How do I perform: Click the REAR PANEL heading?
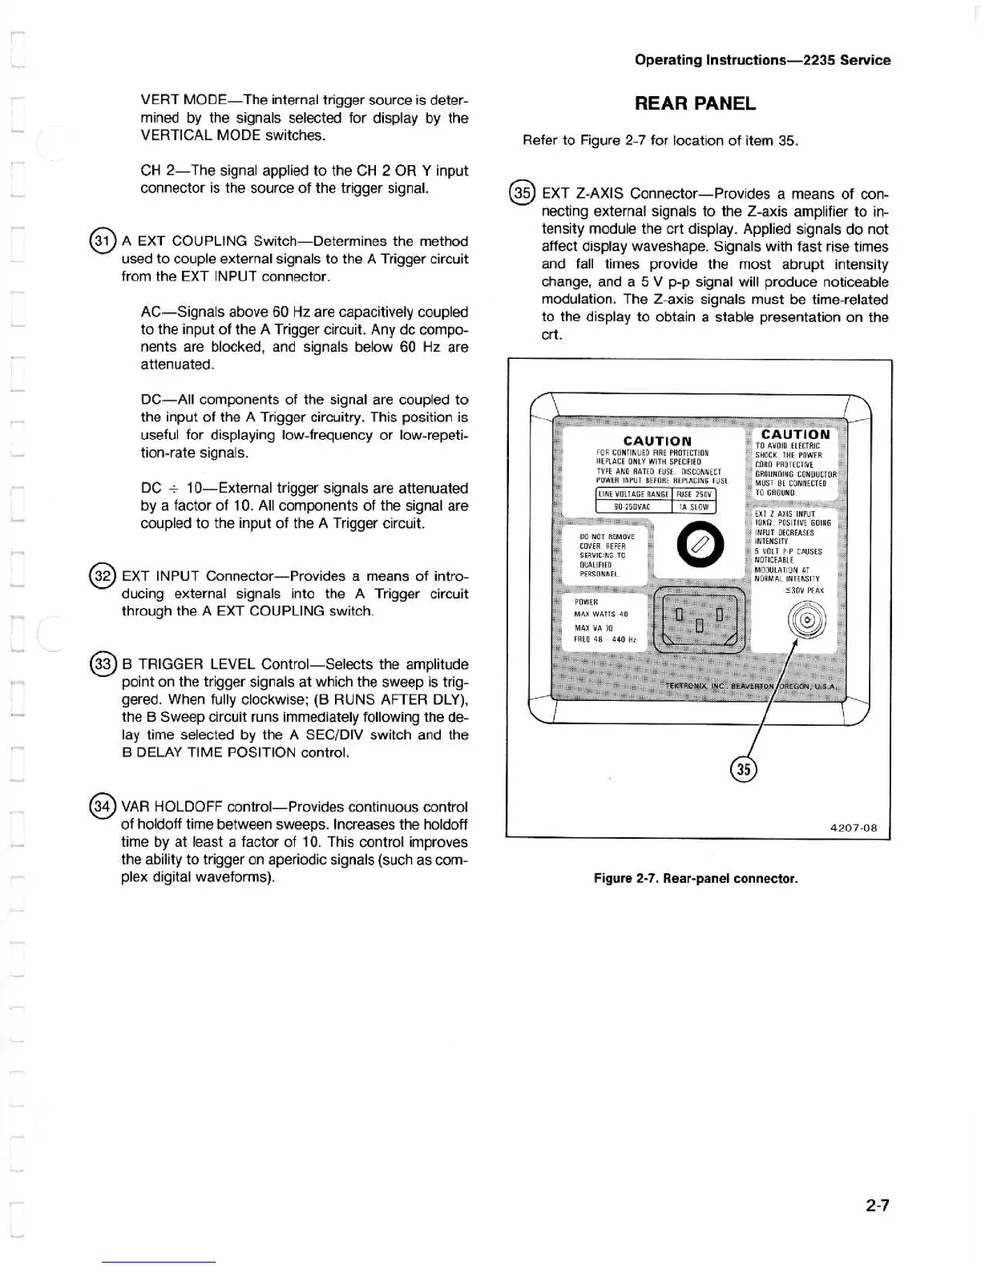coord(695,103)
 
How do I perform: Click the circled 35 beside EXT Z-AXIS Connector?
coord(523,194)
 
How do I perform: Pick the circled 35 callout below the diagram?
coord(744,769)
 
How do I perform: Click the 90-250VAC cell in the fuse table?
coord(632,506)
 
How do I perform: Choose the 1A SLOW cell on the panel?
coord(694,506)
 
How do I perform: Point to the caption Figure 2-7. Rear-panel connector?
coord(696,878)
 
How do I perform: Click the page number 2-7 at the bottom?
coord(878,1205)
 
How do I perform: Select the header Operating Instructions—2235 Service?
coord(762,60)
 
